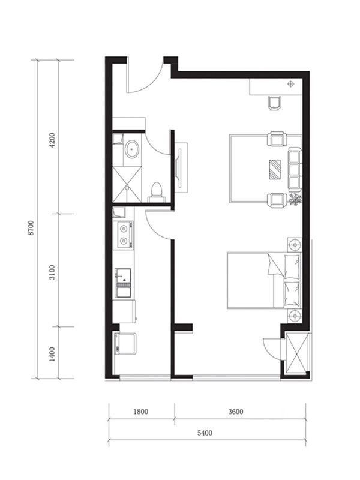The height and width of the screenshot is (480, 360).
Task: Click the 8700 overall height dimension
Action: point(31,228)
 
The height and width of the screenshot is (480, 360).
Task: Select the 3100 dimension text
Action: point(52,272)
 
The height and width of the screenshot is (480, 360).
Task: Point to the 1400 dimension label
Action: point(52,354)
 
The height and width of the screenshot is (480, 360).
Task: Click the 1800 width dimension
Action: point(141,412)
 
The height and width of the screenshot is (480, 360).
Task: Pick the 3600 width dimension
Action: point(236,412)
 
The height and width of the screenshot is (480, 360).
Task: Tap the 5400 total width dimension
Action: point(205,433)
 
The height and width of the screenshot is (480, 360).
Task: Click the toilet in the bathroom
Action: point(157,192)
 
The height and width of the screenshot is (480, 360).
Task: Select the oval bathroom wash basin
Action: point(133,149)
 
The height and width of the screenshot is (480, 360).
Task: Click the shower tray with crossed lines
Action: point(127,184)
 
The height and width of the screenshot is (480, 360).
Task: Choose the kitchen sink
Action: point(123,283)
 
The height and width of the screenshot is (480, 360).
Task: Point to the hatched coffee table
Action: point(275,169)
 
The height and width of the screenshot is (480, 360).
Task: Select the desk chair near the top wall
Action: point(275,103)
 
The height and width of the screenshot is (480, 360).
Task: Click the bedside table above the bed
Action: point(295,245)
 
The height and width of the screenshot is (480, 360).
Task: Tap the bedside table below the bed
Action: point(295,316)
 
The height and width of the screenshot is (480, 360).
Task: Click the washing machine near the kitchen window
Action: point(125,343)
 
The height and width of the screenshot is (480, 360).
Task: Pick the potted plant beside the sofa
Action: point(295,200)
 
